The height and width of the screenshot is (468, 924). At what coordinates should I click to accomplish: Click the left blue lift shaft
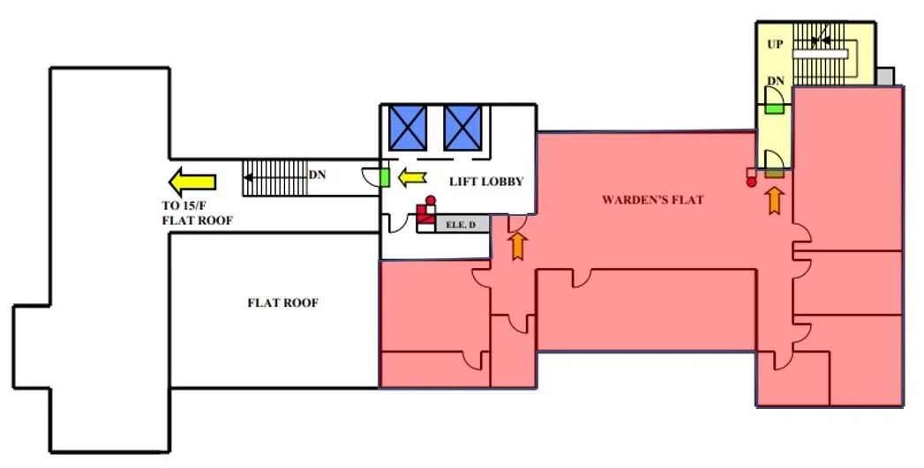[408, 127]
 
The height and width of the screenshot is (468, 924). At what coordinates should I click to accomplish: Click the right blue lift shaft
[462, 127]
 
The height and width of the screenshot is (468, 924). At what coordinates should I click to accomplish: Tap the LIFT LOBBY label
[486, 182]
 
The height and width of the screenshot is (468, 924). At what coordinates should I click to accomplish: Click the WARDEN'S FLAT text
[652, 200]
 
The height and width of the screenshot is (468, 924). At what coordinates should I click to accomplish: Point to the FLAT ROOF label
[282, 302]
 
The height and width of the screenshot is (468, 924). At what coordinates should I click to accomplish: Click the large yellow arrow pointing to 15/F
[192, 182]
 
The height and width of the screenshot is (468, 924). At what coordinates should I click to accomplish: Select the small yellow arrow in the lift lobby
[411, 179]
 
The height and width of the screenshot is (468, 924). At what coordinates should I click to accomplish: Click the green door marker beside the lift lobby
[385, 177]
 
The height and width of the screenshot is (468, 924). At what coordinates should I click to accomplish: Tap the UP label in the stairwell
[775, 44]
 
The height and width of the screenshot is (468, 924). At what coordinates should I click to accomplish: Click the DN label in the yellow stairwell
[775, 81]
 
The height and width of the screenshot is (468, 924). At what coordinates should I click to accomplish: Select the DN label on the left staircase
[317, 175]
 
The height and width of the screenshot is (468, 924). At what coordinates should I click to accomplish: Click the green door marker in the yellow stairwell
[775, 108]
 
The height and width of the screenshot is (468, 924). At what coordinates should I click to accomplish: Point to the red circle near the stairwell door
[751, 182]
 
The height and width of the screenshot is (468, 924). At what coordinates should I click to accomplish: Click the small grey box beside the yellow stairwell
[887, 77]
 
